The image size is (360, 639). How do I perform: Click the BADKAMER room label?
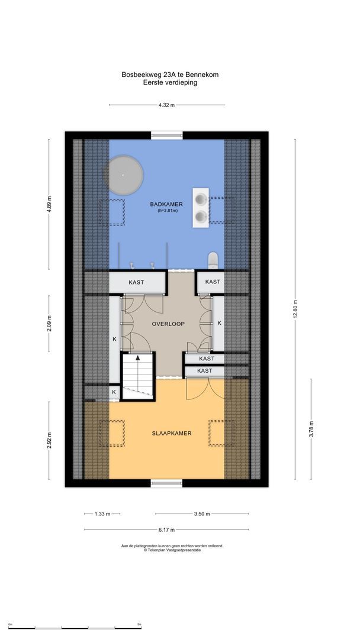166,204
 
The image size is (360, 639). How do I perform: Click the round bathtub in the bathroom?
123,175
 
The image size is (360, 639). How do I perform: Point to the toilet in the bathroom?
213,259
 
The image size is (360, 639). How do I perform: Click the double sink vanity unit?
201,208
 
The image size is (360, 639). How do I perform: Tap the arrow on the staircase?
138,359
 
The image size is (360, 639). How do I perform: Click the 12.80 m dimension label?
295,309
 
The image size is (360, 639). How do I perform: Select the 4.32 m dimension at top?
166,105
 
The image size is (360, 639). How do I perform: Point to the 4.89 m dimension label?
49,205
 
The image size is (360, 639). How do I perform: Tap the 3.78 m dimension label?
311,429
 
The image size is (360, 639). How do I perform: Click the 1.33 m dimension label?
102,514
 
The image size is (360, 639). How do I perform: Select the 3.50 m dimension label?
202,514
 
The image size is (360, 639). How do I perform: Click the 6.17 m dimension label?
166,530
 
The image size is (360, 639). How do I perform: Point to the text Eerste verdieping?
170,83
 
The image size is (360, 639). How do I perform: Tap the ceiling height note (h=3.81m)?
166,211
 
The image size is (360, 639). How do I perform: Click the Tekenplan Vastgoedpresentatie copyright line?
172,550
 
